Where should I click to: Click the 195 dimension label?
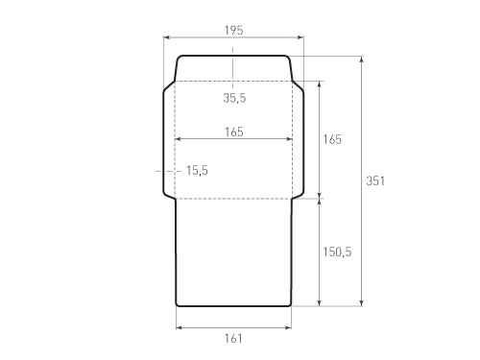(233, 31)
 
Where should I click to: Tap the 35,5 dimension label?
(234, 98)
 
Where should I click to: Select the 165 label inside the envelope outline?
(234, 132)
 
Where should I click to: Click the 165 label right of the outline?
(332, 139)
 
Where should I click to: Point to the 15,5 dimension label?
(197, 170)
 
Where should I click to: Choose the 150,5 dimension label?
(337, 252)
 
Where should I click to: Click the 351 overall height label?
(375, 180)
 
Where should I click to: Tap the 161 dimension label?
(233, 338)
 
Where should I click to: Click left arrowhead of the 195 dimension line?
(166, 37)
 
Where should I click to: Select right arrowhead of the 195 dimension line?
(300, 37)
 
